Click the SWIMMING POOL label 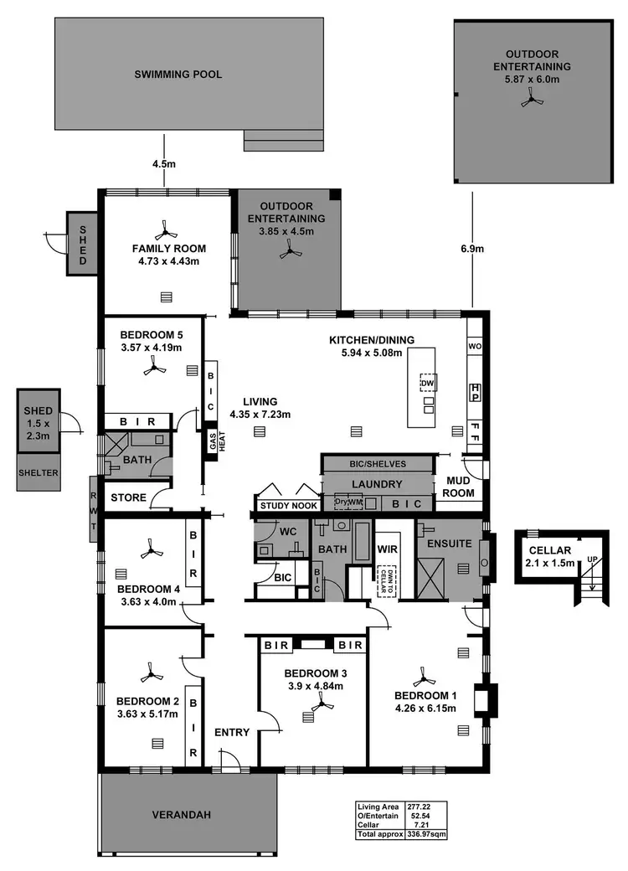(178, 75)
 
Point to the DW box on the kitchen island (428, 383)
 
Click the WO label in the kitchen (474, 346)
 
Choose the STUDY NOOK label (288, 506)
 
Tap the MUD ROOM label (458, 487)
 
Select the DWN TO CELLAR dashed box (387, 577)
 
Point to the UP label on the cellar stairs (593, 559)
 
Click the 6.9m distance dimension (473, 249)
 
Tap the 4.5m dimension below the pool (163, 164)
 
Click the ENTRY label (232, 732)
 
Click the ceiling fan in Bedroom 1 (425, 676)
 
